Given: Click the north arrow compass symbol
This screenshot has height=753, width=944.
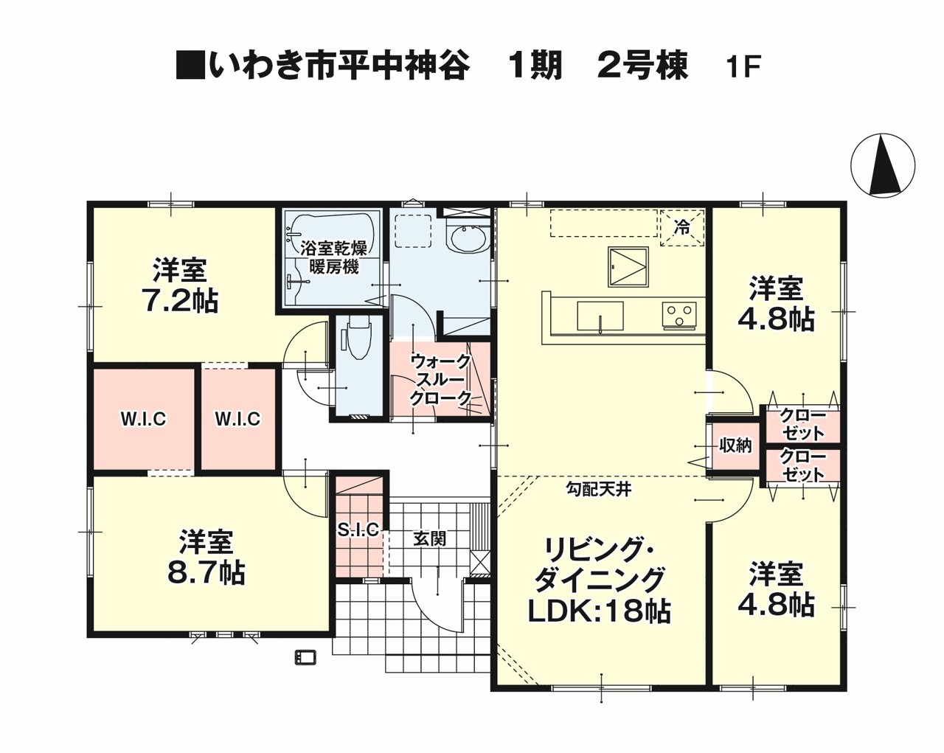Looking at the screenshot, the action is [x=883, y=165].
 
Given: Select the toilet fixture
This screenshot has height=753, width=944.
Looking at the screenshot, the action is [x=359, y=339].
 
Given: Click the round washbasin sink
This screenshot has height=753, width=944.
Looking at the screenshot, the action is [x=468, y=239].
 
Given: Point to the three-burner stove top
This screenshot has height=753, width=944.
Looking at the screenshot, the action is [x=679, y=315].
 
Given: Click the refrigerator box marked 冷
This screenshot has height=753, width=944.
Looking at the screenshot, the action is [x=682, y=228].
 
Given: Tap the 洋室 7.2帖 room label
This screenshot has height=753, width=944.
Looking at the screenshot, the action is [x=180, y=285].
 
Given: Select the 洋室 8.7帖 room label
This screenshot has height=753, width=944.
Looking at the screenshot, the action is [x=206, y=557].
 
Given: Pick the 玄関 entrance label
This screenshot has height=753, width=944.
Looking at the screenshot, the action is [x=430, y=538].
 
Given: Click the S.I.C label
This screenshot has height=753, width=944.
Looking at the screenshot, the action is [x=358, y=530].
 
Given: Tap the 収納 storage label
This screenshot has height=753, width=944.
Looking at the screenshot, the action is [x=735, y=446].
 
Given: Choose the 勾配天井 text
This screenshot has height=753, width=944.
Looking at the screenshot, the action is [x=598, y=489].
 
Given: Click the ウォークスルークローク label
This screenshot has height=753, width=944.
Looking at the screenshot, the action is [x=440, y=380].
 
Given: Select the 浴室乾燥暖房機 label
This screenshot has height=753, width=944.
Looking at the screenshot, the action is [x=334, y=257].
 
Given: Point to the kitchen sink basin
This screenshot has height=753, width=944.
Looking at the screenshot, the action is [x=600, y=316].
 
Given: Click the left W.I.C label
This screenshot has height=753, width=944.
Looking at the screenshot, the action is [x=143, y=419].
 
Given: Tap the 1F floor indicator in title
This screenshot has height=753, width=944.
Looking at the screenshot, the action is [x=743, y=67].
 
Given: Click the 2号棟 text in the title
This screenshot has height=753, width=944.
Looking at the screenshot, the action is [x=643, y=66].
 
